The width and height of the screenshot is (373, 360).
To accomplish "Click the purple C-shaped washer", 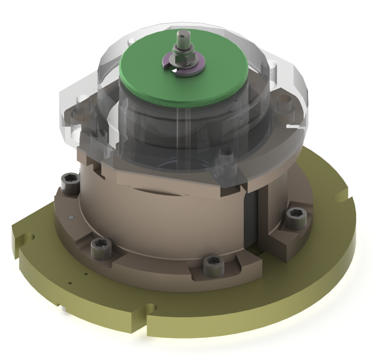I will pos(193,70).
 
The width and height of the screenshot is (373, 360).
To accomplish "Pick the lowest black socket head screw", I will pos(211,265).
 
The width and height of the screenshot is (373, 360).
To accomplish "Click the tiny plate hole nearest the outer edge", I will pos(70,283).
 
